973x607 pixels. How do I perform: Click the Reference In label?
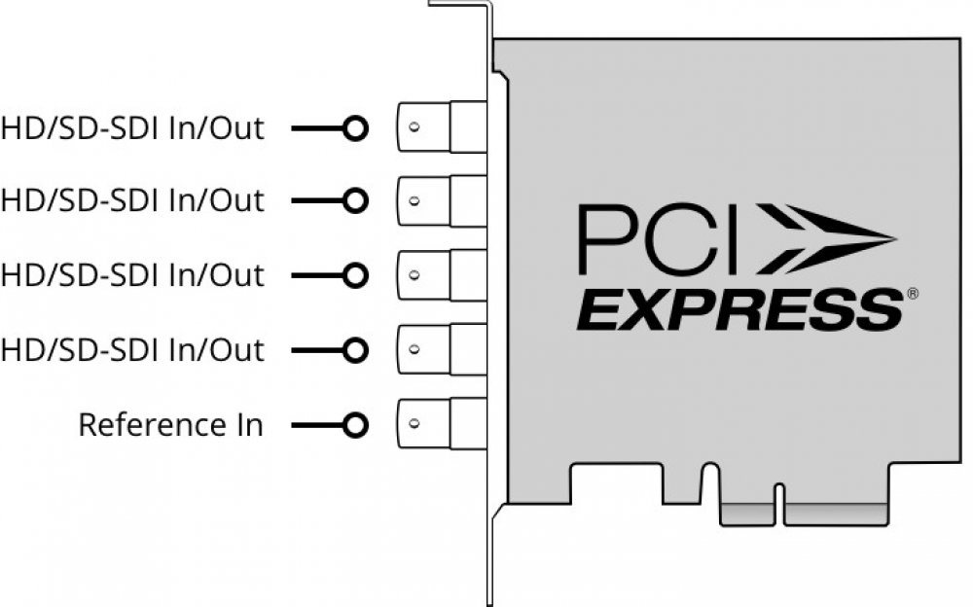pyautogui.click(x=170, y=425)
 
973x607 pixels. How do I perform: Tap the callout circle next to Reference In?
pyautogui.click(x=357, y=425)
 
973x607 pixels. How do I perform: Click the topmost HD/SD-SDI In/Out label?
pyautogui.click(x=132, y=128)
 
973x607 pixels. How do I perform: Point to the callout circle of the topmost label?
pyautogui.click(x=357, y=128)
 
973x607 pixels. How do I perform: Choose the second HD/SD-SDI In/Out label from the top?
pyautogui.click(x=132, y=201)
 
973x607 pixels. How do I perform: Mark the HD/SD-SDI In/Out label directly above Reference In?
pyautogui.click(x=132, y=349)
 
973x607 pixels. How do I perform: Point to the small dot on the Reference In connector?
pyautogui.click(x=414, y=425)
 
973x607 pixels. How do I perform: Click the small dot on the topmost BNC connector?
pyautogui.click(x=414, y=128)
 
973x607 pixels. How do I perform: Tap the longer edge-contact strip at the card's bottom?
pyautogui.click(x=835, y=515)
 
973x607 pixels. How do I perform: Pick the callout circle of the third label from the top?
pyautogui.click(x=357, y=275)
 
